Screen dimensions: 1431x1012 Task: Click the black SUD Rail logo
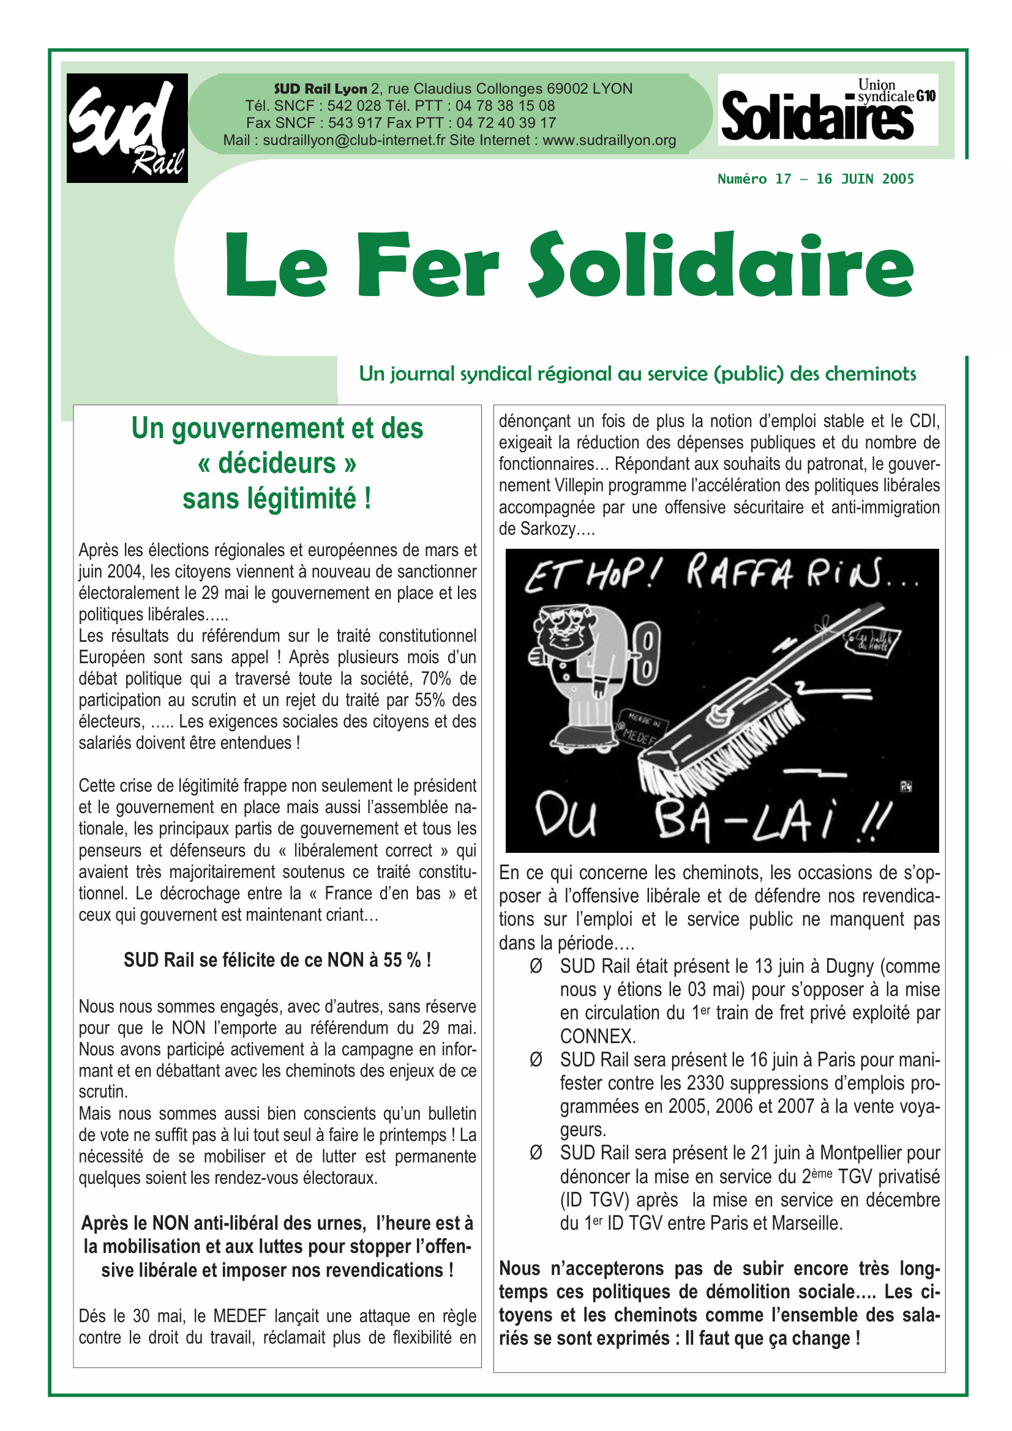click(x=127, y=128)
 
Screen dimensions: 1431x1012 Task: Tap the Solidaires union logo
click(x=828, y=110)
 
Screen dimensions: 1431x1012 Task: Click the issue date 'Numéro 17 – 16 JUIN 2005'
click(x=815, y=179)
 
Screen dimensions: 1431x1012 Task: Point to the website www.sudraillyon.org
click(x=609, y=140)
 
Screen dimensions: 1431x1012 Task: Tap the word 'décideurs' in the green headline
click(x=277, y=463)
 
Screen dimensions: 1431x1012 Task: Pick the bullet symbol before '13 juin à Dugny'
click(x=536, y=966)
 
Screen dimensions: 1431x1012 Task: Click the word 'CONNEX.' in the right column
click(x=598, y=1036)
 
